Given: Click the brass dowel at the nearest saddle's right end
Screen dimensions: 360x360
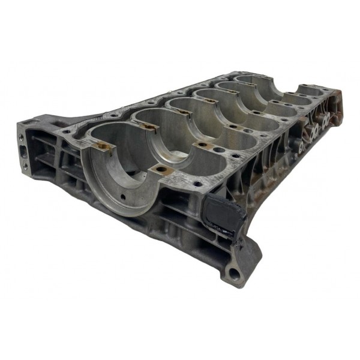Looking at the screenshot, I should (161, 170).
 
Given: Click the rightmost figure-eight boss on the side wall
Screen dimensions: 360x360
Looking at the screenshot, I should (328, 121).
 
